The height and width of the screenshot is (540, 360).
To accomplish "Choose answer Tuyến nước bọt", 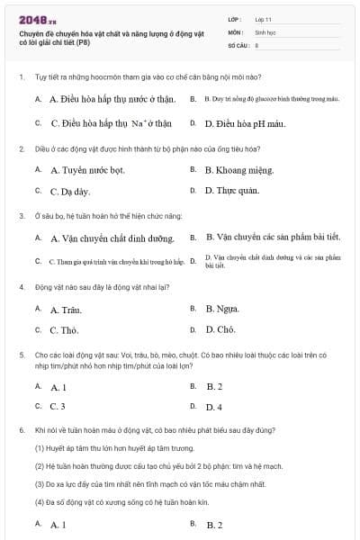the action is pyautogui.click(x=87, y=169).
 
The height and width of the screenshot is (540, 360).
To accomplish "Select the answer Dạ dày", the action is pyautogui.click(x=70, y=191).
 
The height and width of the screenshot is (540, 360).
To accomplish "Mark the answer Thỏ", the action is pyautogui.click(x=64, y=330).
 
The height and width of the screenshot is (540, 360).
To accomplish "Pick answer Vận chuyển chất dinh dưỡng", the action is pyautogui.click(x=112, y=238).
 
